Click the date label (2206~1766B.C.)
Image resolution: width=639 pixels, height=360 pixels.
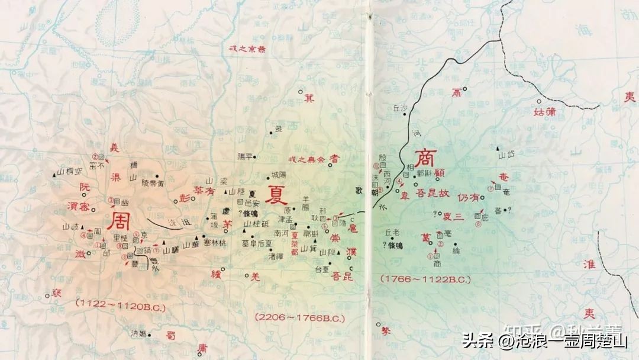[300, 317]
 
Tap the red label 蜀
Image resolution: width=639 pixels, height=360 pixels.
[171, 335]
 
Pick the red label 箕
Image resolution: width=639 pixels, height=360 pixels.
[308, 98]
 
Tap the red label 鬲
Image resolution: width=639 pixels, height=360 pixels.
[456, 92]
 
